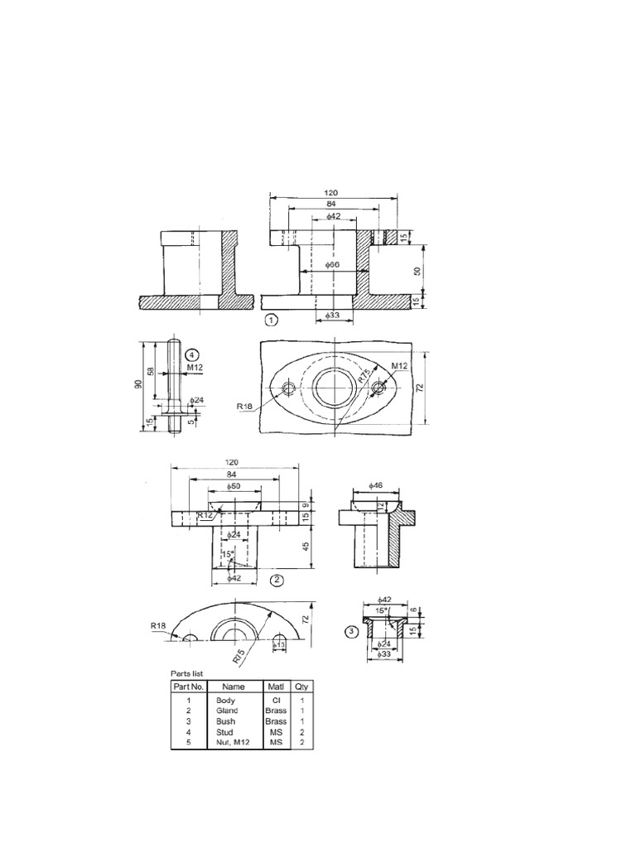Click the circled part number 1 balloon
tap(272, 319)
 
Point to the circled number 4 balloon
tap(192, 351)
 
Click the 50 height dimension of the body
tap(417, 270)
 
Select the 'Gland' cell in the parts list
tap(226, 711)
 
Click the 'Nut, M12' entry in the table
tap(231, 743)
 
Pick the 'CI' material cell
tap(274, 700)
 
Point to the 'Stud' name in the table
tap(224, 732)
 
